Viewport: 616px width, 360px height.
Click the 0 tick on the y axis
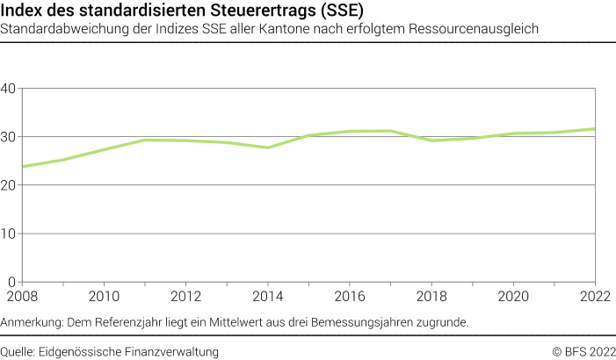pos(12,282)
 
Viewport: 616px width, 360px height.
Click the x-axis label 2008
pos(22,296)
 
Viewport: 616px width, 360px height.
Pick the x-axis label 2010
pos(104,296)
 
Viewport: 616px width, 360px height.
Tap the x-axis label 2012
pos(185,296)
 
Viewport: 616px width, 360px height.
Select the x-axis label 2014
pos(267,296)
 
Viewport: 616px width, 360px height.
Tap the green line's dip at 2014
pos(267,148)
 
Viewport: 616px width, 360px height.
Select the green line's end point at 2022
pos(595,129)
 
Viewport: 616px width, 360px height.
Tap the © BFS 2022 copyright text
pos(583,351)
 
